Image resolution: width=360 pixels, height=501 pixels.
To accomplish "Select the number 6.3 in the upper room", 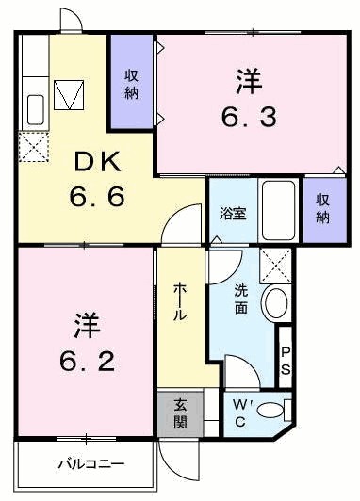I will pyautogui.click(x=248, y=118).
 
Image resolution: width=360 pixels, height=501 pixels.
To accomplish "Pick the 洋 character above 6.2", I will pyautogui.click(x=83, y=326).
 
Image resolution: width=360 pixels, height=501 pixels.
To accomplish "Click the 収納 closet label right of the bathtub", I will pyautogui.click(x=323, y=209).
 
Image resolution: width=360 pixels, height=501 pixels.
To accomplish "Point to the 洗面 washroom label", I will pyautogui.click(x=243, y=299).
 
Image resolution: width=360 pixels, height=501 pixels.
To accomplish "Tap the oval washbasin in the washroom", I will pyautogui.click(x=276, y=303).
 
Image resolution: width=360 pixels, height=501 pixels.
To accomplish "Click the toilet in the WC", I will pyautogui.click(x=274, y=409).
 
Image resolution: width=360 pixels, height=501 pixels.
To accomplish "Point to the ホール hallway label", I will pyautogui.click(x=179, y=301).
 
